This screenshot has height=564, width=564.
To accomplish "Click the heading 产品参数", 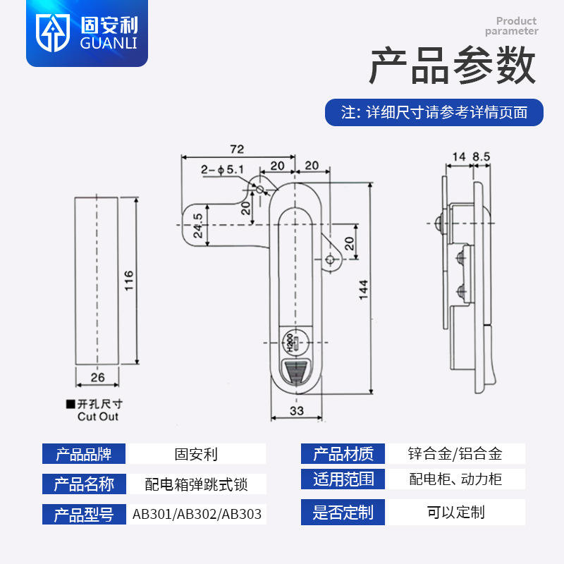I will [x=453, y=68].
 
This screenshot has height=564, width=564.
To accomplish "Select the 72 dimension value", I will [x=236, y=149].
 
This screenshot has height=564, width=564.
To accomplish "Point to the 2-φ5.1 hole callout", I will [x=221, y=169].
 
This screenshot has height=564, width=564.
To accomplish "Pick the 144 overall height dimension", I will [x=363, y=290].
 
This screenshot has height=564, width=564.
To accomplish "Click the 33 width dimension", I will [x=296, y=411].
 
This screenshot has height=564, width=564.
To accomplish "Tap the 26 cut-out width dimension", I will [x=97, y=378].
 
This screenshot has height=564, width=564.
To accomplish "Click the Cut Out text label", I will [x=98, y=417].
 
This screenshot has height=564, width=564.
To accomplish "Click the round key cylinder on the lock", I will [x=294, y=343].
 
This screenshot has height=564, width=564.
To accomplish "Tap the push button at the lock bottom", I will [x=295, y=372].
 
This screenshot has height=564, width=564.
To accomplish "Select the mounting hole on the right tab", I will [x=330, y=260].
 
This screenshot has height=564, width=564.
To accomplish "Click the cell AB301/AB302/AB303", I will [x=197, y=514].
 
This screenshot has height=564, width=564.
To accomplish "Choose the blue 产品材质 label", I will [x=343, y=453].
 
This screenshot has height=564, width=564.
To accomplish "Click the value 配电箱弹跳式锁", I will [x=197, y=484].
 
